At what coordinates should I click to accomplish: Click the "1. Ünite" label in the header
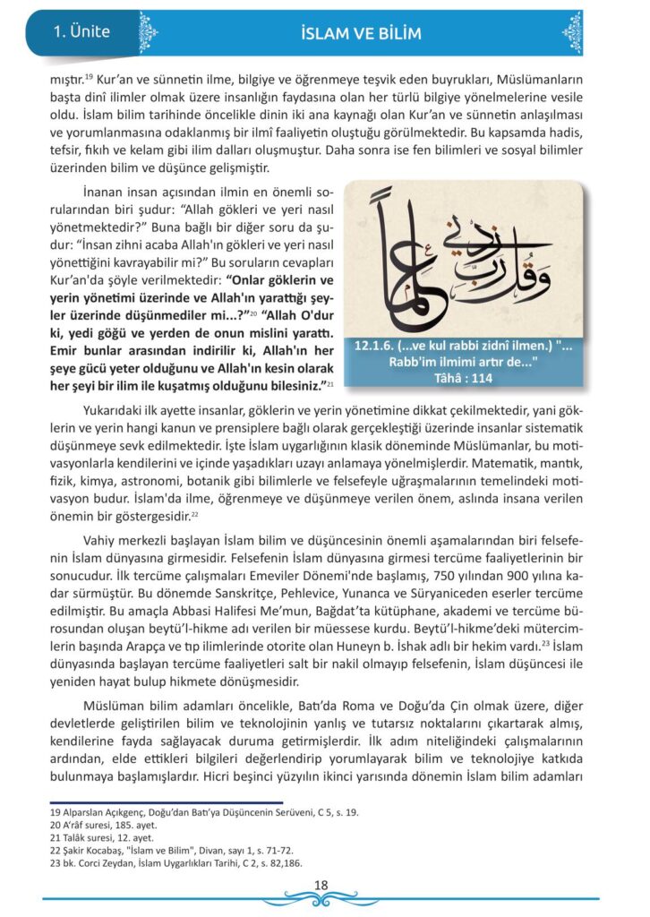pyautogui.click(x=81, y=32)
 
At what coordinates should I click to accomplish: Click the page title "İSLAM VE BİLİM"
pyautogui.click(x=362, y=34)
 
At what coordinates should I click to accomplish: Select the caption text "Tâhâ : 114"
pyautogui.click(x=463, y=377)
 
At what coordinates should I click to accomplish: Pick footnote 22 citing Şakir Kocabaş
pyautogui.click(x=171, y=850)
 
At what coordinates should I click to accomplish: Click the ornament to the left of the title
pyautogui.click(x=148, y=33)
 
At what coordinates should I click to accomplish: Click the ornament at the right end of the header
pyautogui.click(x=572, y=33)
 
